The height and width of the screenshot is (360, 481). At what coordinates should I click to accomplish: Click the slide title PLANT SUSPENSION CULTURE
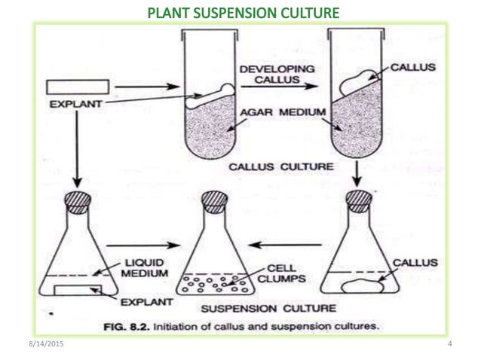point(242,12)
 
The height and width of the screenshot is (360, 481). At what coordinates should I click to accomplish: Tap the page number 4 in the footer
point(449,344)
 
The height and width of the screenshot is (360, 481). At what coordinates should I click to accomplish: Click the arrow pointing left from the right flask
point(279,245)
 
